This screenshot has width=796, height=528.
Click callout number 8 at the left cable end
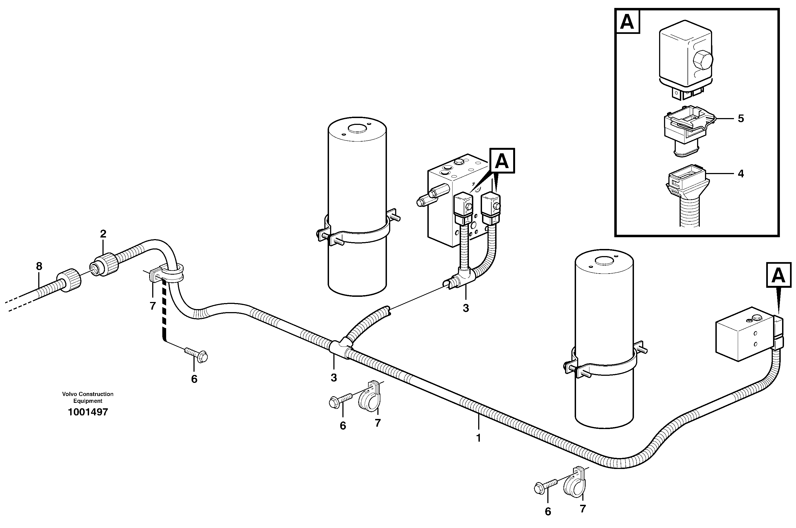click(39, 266)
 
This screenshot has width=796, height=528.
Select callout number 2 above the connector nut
click(103, 234)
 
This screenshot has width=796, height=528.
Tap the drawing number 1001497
click(88, 412)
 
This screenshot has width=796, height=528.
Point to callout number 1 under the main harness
click(478, 438)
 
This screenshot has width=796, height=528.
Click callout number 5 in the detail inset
click(741, 119)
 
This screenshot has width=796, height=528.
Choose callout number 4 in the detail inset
click(741, 174)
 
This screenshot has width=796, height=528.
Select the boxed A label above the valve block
click(502, 161)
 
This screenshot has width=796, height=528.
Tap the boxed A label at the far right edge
click(779, 275)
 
